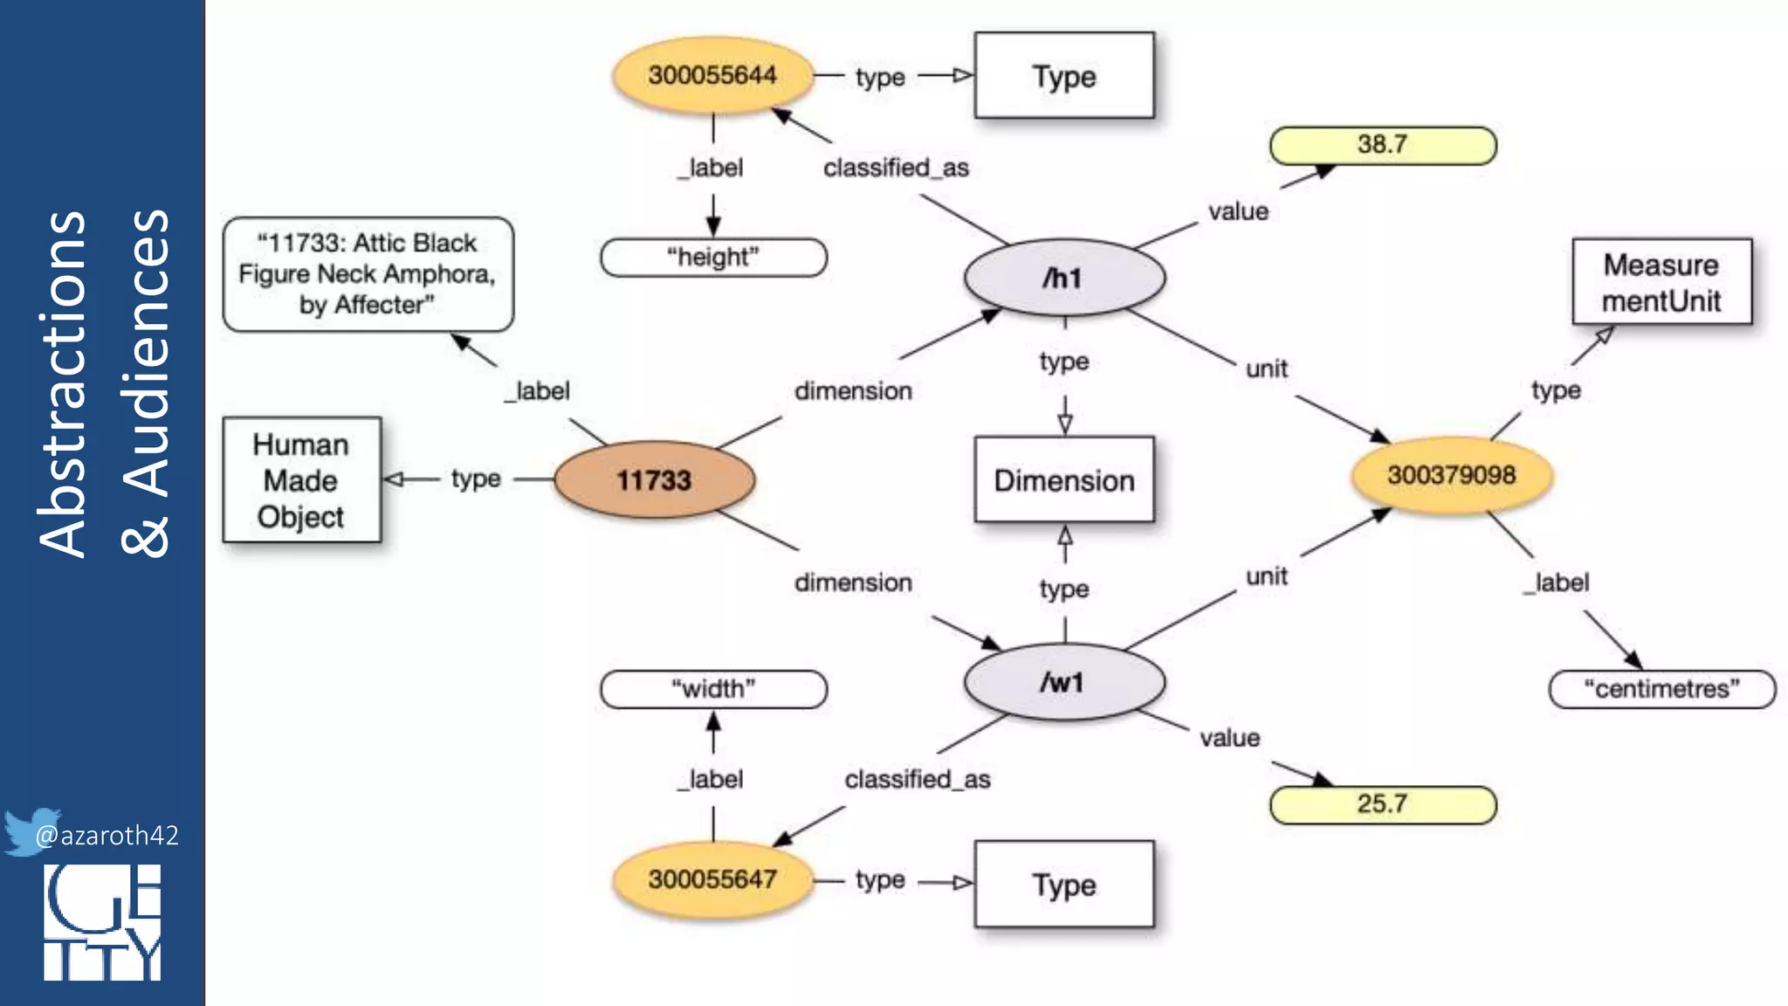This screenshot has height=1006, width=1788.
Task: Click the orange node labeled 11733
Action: (654, 479)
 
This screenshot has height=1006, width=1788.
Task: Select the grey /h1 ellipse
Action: (1063, 278)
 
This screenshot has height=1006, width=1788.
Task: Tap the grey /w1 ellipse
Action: (1063, 681)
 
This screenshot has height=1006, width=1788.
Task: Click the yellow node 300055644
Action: (712, 75)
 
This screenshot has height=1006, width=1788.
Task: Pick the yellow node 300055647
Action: (712, 879)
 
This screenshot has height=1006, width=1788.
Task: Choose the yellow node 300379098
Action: (1451, 475)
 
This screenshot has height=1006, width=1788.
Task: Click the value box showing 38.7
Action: (1382, 145)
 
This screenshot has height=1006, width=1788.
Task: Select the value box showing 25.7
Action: (1382, 804)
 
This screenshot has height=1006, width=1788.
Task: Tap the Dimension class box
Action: (1063, 479)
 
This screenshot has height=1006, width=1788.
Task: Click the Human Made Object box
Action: (301, 479)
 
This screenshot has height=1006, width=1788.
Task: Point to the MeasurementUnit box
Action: (1661, 282)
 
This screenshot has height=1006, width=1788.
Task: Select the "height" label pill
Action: (712, 258)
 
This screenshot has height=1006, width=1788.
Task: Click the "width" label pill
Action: (712, 689)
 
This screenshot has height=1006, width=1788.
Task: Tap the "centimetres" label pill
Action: (1661, 689)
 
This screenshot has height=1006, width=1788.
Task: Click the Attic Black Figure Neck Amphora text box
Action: (367, 273)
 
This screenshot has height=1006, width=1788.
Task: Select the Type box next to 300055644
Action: (1063, 76)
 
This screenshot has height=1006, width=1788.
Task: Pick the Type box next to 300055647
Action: (1063, 884)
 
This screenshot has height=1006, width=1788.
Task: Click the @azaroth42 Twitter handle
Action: (106, 836)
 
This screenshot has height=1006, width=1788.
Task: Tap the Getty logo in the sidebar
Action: (102, 922)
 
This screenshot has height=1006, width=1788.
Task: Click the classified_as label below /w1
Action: (917, 779)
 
